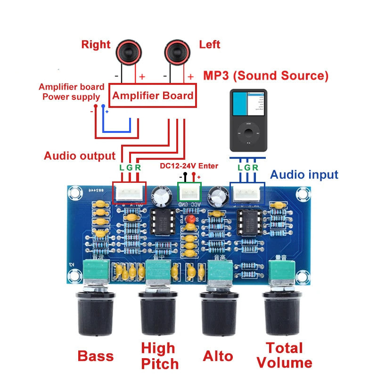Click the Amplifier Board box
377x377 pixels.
click(153, 96)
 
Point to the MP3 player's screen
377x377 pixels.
click(248, 103)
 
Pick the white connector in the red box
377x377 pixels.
click(129, 193)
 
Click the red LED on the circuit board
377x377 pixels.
click(191, 220)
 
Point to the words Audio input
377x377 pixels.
click(304, 175)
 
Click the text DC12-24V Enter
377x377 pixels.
click(188, 166)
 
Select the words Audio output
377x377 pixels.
click(80, 156)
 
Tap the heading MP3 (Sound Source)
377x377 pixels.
click(265, 75)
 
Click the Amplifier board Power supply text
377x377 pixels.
click(71, 92)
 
